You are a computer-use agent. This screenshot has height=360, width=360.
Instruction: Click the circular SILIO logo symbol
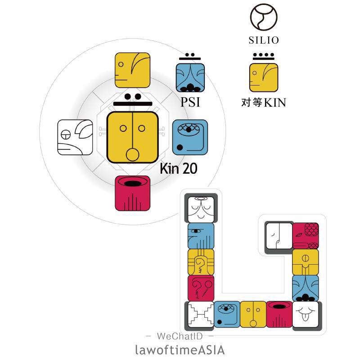click(264, 17)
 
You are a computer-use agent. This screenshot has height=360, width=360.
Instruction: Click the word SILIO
click(264, 40)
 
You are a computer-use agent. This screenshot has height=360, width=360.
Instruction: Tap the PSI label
click(190, 102)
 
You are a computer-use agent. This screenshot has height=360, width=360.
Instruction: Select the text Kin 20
click(178, 168)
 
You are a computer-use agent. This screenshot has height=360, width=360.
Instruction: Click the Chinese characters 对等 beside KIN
click(252, 102)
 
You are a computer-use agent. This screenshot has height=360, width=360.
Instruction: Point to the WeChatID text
click(180, 336)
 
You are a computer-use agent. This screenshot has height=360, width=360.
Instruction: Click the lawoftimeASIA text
click(180, 350)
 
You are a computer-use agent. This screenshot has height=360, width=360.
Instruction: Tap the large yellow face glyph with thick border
click(132, 137)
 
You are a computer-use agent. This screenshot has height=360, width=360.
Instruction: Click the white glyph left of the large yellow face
click(75, 137)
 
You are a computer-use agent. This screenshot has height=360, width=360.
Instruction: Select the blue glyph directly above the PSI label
click(190, 78)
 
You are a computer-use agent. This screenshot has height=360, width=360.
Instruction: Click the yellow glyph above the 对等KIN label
click(264, 78)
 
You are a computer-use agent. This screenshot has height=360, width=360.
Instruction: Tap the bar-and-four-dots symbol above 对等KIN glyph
click(264, 57)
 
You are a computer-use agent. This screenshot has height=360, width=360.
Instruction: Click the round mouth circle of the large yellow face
click(132, 155)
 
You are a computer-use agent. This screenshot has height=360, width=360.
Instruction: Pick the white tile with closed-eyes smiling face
click(201, 209)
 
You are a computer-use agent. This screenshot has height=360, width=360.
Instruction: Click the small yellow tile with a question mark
click(201, 262)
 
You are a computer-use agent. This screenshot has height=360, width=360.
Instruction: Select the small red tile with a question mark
click(201, 288)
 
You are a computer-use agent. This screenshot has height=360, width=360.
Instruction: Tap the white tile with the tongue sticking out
click(306, 314)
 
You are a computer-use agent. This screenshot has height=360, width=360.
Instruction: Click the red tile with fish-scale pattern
click(306, 236)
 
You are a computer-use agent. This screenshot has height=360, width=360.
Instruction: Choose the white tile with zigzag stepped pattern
click(201, 314)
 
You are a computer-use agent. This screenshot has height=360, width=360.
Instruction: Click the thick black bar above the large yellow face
click(133, 104)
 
